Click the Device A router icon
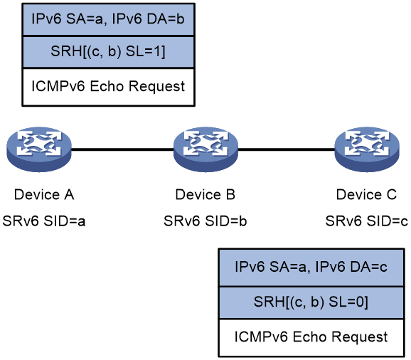(x=39, y=149)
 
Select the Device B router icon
(x=205, y=149)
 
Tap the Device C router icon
(x=367, y=149)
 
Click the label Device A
(x=44, y=195)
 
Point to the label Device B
(x=205, y=195)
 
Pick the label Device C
(x=366, y=195)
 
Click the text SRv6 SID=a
(x=44, y=221)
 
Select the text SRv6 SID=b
(x=205, y=221)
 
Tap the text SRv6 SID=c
(x=366, y=221)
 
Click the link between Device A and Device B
(x=122, y=149)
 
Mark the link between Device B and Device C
(x=287, y=149)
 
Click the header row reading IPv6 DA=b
(x=108, y=20)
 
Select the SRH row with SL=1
(x=108, y=52)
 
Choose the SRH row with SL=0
(x=311, y=302)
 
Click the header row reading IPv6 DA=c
(x=311, y=268)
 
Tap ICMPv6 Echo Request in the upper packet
(x=108, y=87)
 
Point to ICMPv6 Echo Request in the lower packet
(x=311, y=337)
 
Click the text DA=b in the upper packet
(x=166, y=19)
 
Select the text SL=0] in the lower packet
(x=348, y=302)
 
